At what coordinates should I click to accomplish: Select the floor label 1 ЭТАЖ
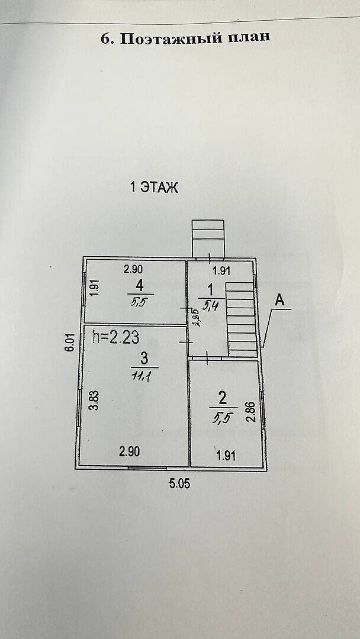click(x=154, y=188)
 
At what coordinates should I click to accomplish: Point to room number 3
click(x=143, y=357)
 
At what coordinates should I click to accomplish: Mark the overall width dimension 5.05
click(x=181, y=483)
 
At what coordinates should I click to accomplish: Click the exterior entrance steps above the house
click(x=208, y=239)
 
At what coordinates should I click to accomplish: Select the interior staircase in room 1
click(x=242, y=319)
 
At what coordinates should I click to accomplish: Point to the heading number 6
click(x=107, y=38)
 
